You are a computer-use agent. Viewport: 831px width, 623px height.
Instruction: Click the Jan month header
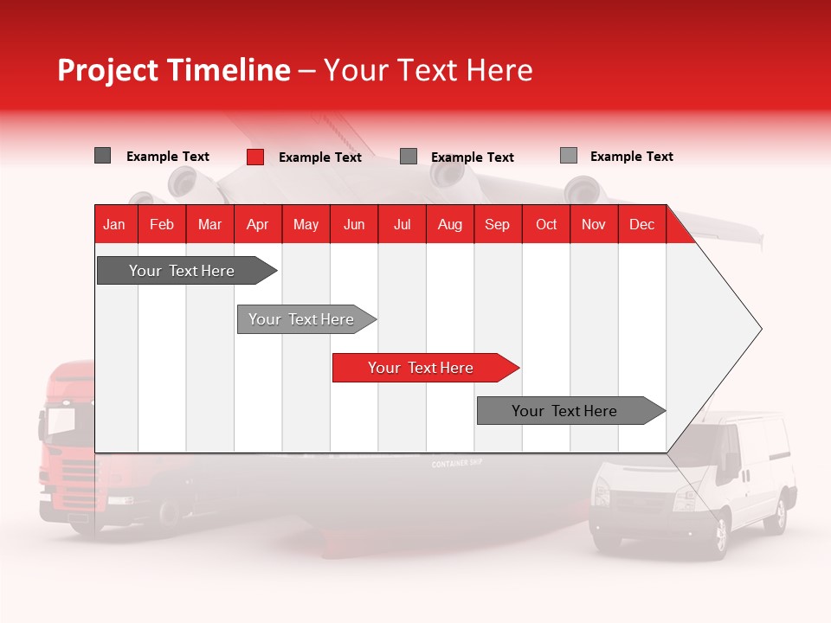[114, 224]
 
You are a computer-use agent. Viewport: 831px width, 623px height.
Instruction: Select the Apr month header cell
[258, 224]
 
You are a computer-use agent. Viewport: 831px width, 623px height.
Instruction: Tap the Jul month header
[402, 224]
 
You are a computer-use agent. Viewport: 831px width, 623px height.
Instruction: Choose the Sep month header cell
[497, 224]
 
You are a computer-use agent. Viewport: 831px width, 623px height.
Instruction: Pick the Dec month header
[641, 224]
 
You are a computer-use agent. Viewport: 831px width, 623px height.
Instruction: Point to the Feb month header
[162, 224]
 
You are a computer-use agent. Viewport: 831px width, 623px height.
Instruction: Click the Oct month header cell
[546, 224]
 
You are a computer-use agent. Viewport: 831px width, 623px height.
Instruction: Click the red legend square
[255, 157]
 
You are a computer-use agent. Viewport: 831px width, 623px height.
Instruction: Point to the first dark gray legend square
[103, 156]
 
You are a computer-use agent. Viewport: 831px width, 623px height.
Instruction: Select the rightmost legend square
[569, 156]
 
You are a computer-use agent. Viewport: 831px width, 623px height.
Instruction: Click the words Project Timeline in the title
[173, 70]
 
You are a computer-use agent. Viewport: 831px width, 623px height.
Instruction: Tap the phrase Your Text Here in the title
[428, 70]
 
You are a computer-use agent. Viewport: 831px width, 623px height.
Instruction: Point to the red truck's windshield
[62, 421]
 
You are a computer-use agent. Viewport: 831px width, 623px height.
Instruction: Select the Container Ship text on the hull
[456, 465]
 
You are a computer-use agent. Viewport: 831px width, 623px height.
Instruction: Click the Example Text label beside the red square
[320, 157]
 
